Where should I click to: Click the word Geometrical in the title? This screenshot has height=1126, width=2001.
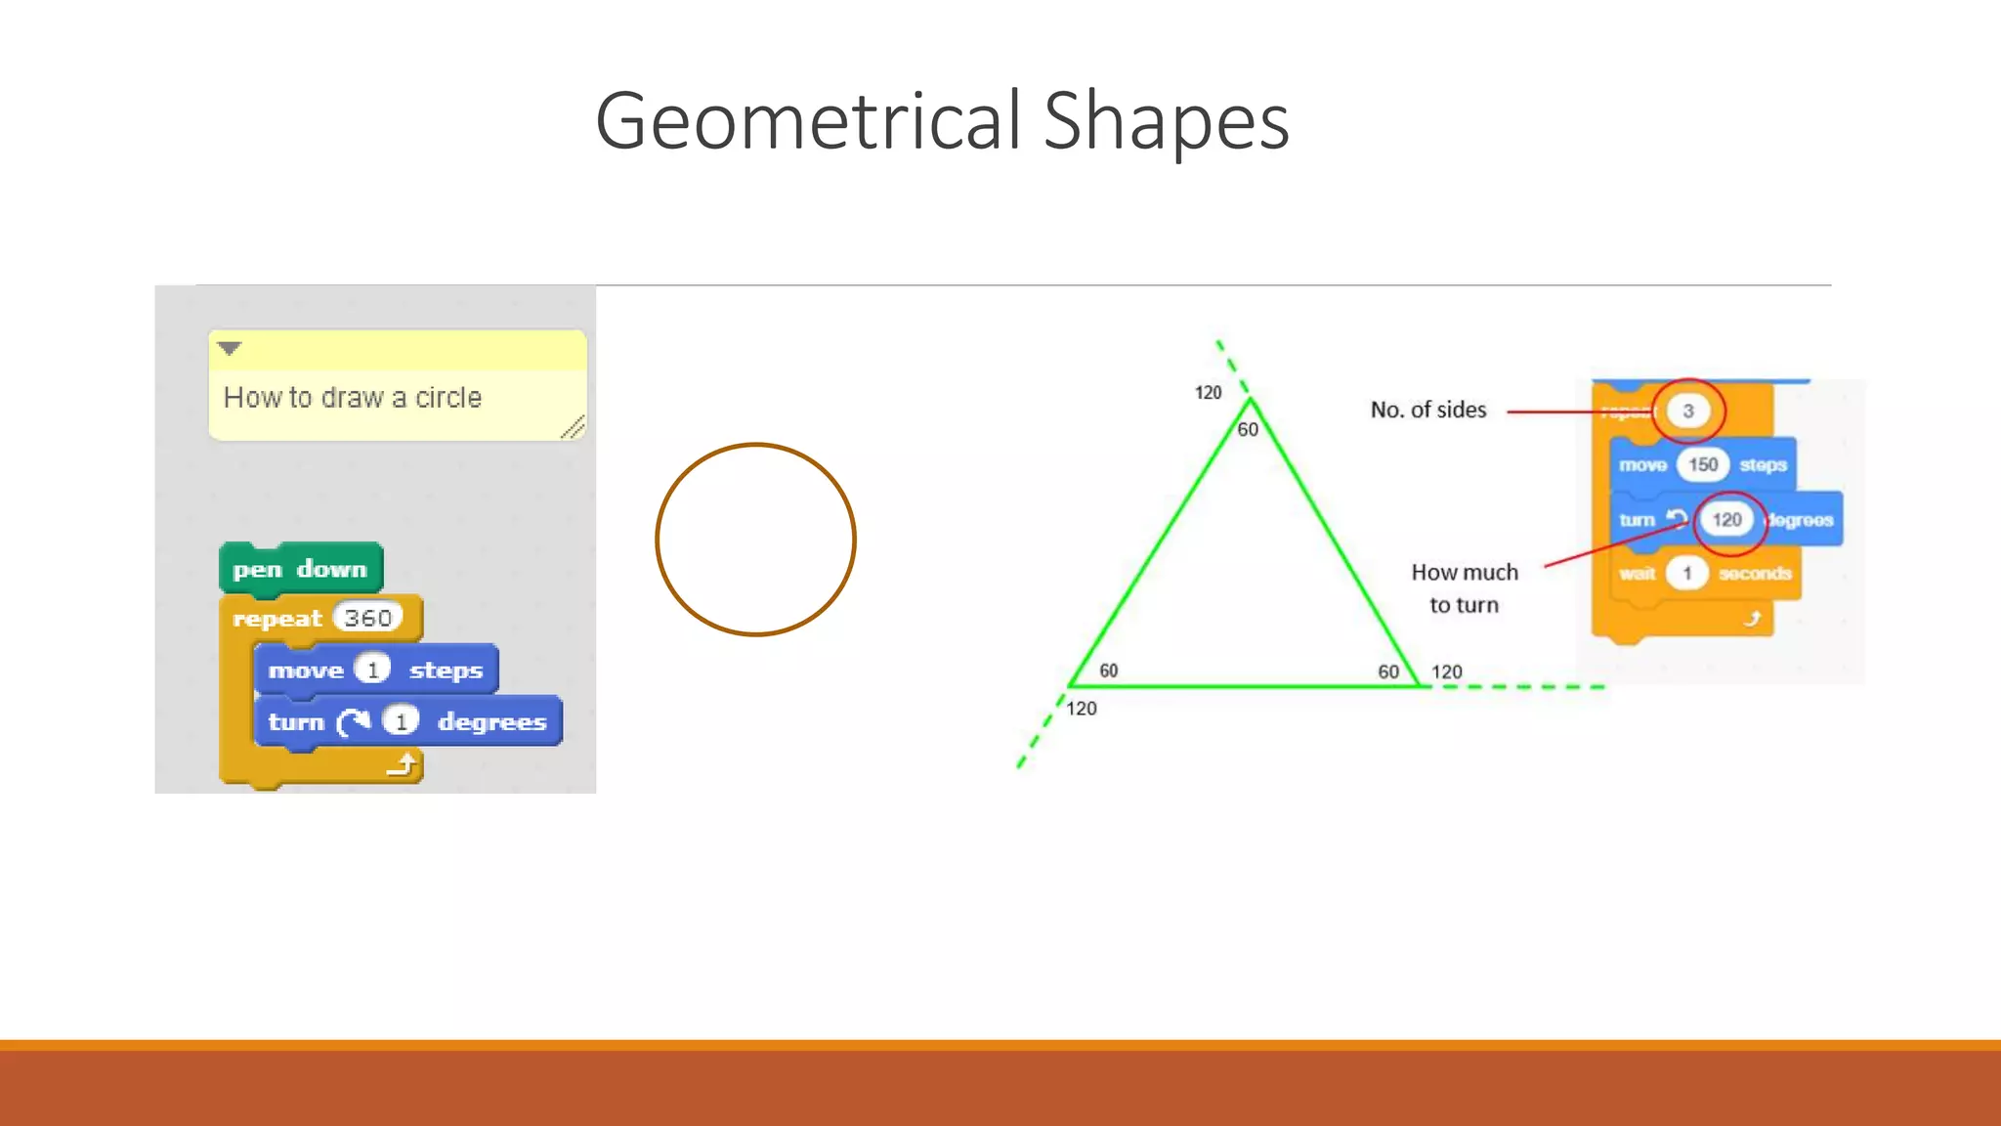click(x=809, y=121)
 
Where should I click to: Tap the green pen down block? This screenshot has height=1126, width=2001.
click(x=300, y=569)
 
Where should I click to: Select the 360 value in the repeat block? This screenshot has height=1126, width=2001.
click(x=367, y=618)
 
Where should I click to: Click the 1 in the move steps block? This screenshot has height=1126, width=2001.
click(x=372, y=670)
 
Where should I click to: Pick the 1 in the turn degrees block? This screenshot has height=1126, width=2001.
click(x=401, y=721)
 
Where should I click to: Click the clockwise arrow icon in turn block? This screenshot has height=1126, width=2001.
click(x=354, y=721)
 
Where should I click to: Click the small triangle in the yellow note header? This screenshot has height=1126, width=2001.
click(x=230, y=348)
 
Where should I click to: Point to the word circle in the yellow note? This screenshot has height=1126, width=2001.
click(x=448, y=398)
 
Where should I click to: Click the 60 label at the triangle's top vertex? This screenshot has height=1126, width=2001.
click(x=1248, y=430)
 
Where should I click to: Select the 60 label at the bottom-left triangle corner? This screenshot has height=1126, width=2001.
click(x=1108, y=671)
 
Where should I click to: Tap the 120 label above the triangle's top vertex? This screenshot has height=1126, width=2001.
click(x=1208, y=393)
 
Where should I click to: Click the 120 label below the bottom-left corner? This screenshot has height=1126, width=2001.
click(x=1081, y=709)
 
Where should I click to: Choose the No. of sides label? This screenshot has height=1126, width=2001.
click(x=1427, y=411)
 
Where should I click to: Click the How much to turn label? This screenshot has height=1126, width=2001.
click(x=1464, y=588)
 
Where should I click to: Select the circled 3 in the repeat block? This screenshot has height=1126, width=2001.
click(x=1687, y=411)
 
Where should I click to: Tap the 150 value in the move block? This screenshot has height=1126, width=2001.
click(x=1703, y=464)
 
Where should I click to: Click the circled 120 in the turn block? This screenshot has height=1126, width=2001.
click(x=1726, y=520)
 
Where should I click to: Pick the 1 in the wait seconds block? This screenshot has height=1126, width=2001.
click(x=1686, y=573)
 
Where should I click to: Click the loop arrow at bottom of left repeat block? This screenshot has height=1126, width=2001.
click(x=403, y=763)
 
